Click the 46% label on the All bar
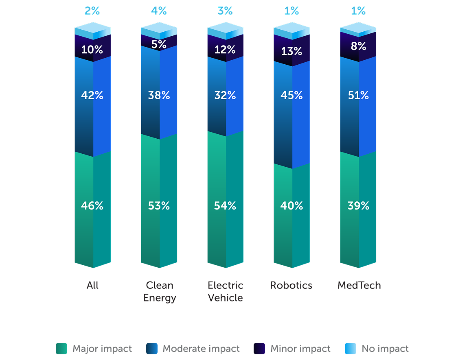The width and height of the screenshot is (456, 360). click(x=92, y=206)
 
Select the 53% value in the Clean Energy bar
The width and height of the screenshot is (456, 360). click(x=159, y=206)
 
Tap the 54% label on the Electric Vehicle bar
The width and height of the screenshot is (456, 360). click(x=225, y=206)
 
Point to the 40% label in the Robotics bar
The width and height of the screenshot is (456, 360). click(x=292, y=206)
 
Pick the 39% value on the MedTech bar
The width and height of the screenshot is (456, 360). click(x=358, y=206)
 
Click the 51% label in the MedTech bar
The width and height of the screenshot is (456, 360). click(x=358, y=95)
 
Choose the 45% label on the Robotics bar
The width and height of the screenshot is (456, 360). click(x=292, y=95)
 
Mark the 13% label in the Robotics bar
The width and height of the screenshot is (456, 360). click(x=292, y=52)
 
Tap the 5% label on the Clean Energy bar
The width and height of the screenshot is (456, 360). click(x=159, y=44)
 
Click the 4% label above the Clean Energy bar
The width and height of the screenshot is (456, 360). click(x=159, y=11)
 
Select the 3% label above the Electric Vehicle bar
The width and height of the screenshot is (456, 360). click(x=225, y=11)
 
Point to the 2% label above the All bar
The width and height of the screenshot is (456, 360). click(x=92, y=11)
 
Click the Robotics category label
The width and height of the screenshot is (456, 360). click(x=291, y=285)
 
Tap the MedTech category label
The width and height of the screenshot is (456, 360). click(x=359, y=285)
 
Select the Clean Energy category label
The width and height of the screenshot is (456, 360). click(x=160, y=291)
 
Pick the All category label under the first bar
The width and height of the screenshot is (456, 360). click(x=92, y=285)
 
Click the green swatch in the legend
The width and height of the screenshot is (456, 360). click(x=64, y=349)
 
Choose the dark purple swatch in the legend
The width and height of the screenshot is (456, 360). click(x=262, y=349)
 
